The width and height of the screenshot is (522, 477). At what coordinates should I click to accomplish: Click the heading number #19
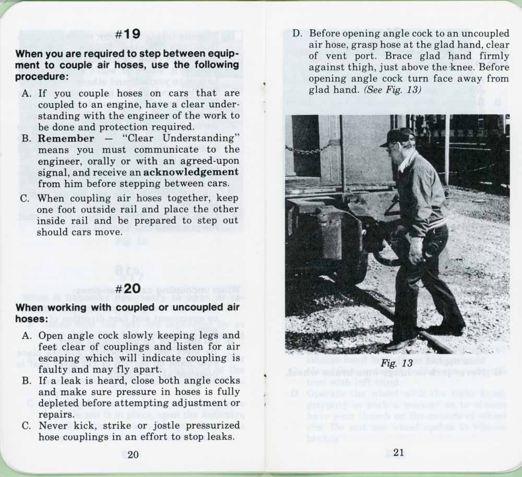coord(128,34)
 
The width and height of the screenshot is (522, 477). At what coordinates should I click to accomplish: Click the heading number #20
coord(128,289)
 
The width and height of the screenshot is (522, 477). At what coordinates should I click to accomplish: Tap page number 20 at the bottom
coord(133,454)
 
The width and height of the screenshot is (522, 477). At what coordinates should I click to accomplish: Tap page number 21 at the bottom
coord(398,453)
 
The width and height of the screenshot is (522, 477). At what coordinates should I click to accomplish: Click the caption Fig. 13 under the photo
coord(389,363)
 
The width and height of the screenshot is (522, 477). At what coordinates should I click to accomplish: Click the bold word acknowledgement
coord(191,172)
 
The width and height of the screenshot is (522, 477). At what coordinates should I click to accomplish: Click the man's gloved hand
coord(417,250)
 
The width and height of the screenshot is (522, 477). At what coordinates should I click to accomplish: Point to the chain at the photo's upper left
coord(309,150)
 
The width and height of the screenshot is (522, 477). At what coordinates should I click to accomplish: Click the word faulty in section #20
coord(53,369)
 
